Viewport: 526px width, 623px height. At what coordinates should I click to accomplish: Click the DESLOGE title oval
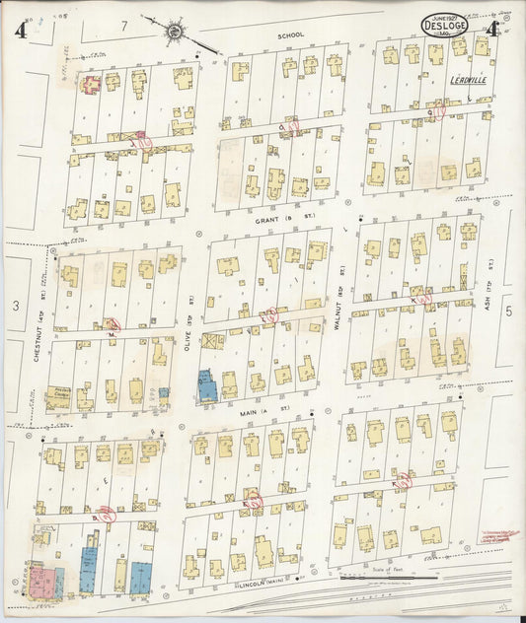445,25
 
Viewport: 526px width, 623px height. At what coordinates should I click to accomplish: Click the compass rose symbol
175,31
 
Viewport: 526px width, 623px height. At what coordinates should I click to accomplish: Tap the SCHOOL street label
290,35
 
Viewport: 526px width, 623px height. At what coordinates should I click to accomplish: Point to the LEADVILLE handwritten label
468,80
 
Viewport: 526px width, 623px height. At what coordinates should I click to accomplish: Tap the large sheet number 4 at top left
21,28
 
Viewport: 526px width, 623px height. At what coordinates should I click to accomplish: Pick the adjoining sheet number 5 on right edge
509,311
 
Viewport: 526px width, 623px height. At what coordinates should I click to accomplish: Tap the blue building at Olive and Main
207,385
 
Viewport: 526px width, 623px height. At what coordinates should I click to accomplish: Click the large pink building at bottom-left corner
43,579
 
